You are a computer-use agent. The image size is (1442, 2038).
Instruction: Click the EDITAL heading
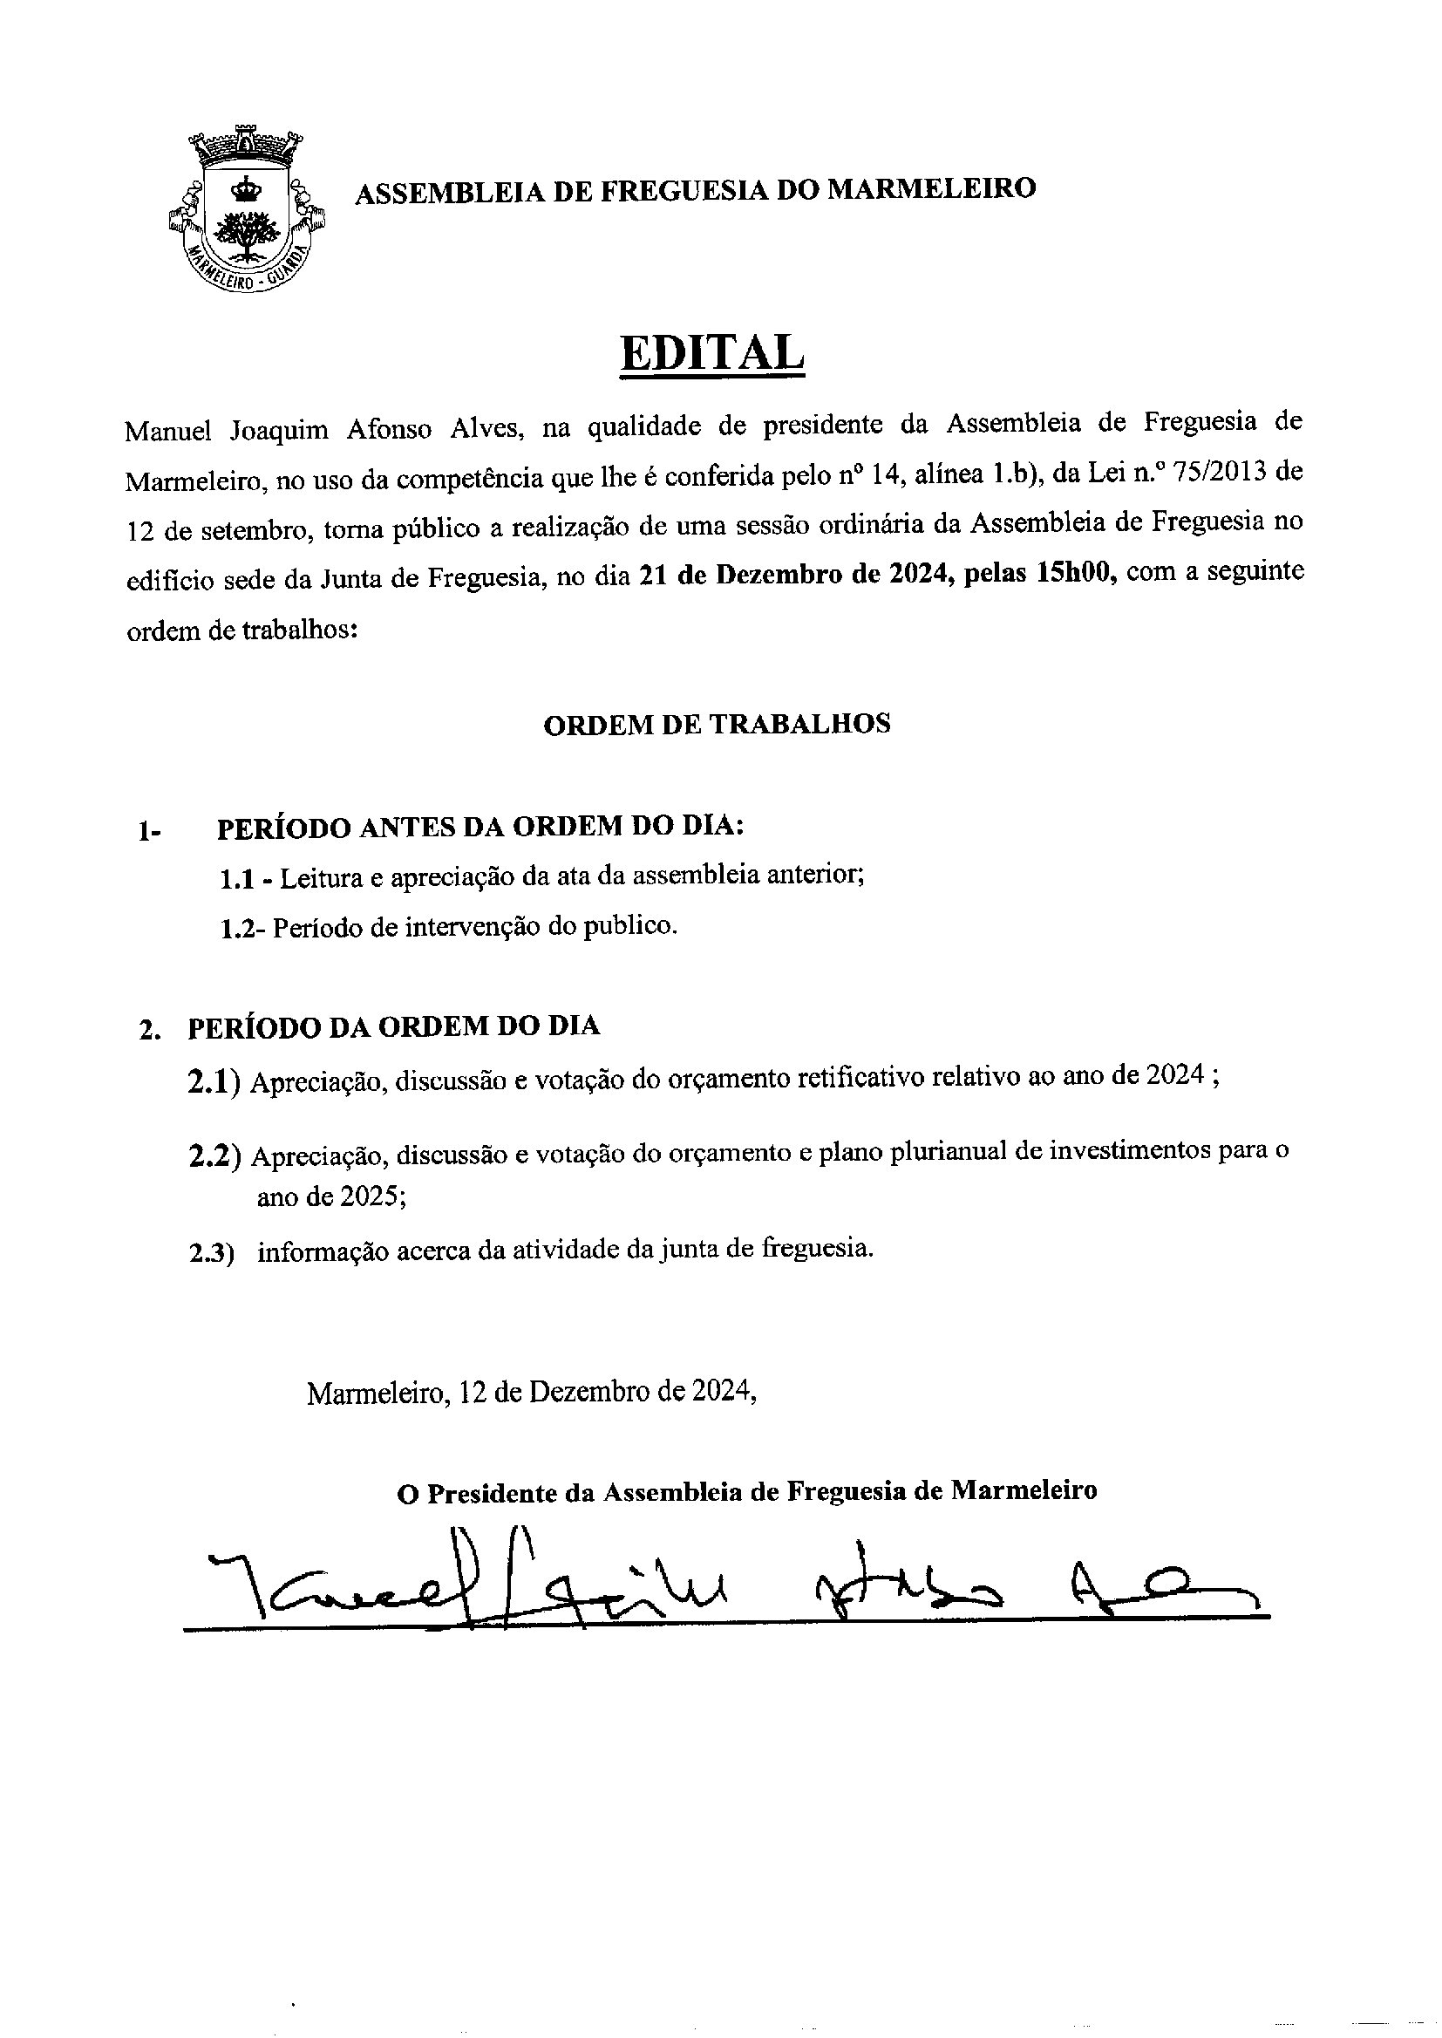[713, 353]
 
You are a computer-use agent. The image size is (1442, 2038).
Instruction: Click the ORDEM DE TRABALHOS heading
[717, 725]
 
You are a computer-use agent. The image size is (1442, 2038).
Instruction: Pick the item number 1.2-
[242, 929]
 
